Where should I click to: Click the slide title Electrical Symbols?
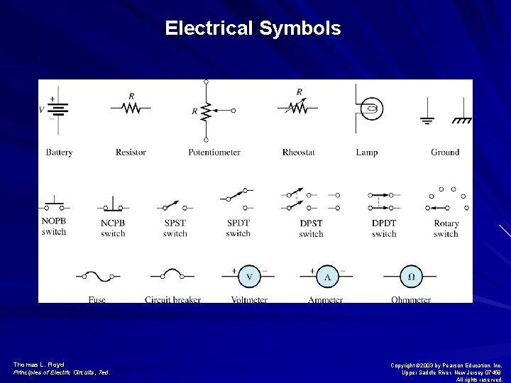point(253,28)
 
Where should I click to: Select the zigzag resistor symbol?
point(131,108)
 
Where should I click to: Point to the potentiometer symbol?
point(207,111)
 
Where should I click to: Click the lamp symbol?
point(369,109)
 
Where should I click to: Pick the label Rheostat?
point(298,152)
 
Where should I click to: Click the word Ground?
point(445,152)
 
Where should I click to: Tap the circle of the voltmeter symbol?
point(249,277)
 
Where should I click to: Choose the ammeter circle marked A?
point(327,277)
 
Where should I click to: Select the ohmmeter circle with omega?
point(411,277)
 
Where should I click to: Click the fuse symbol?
point(97,276)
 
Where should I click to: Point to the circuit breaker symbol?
point(172,275)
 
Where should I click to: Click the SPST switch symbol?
point(175,206)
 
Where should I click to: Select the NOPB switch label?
point(54,227)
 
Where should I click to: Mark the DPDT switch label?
point(384,228)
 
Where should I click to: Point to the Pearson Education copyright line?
point(446,365)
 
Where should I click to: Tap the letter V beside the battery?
point(41,110)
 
